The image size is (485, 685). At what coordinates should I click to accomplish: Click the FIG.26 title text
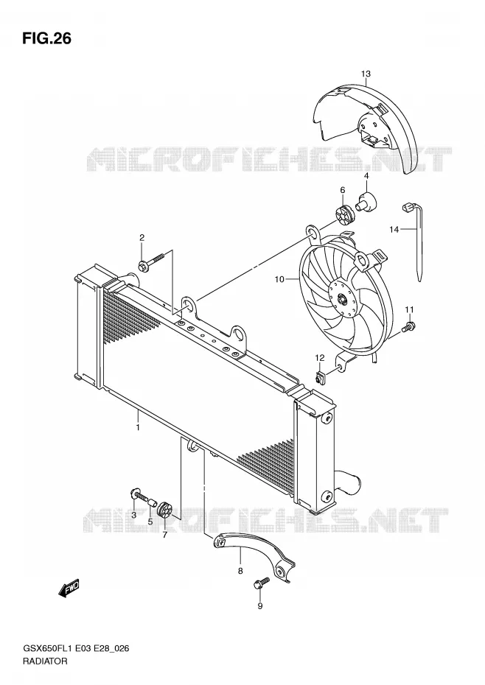pos(46,39)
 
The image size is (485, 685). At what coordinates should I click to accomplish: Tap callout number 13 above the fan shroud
pos(366,74)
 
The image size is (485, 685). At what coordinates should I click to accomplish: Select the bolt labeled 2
pos(150,260)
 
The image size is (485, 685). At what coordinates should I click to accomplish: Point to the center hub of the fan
pos(342,300)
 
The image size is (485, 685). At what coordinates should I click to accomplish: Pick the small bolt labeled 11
pos(408,326)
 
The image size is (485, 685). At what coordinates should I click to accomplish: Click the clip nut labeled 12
pos(320,377)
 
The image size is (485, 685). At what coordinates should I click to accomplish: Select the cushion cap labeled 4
pos(367,201)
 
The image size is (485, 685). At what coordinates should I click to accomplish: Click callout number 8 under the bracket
pos(240,571)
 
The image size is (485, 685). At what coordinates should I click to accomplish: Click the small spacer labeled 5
pos(151,502)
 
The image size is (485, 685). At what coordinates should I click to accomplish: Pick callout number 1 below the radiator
pos(138,426)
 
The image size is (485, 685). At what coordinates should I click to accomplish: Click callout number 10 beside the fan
pos(279,279)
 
